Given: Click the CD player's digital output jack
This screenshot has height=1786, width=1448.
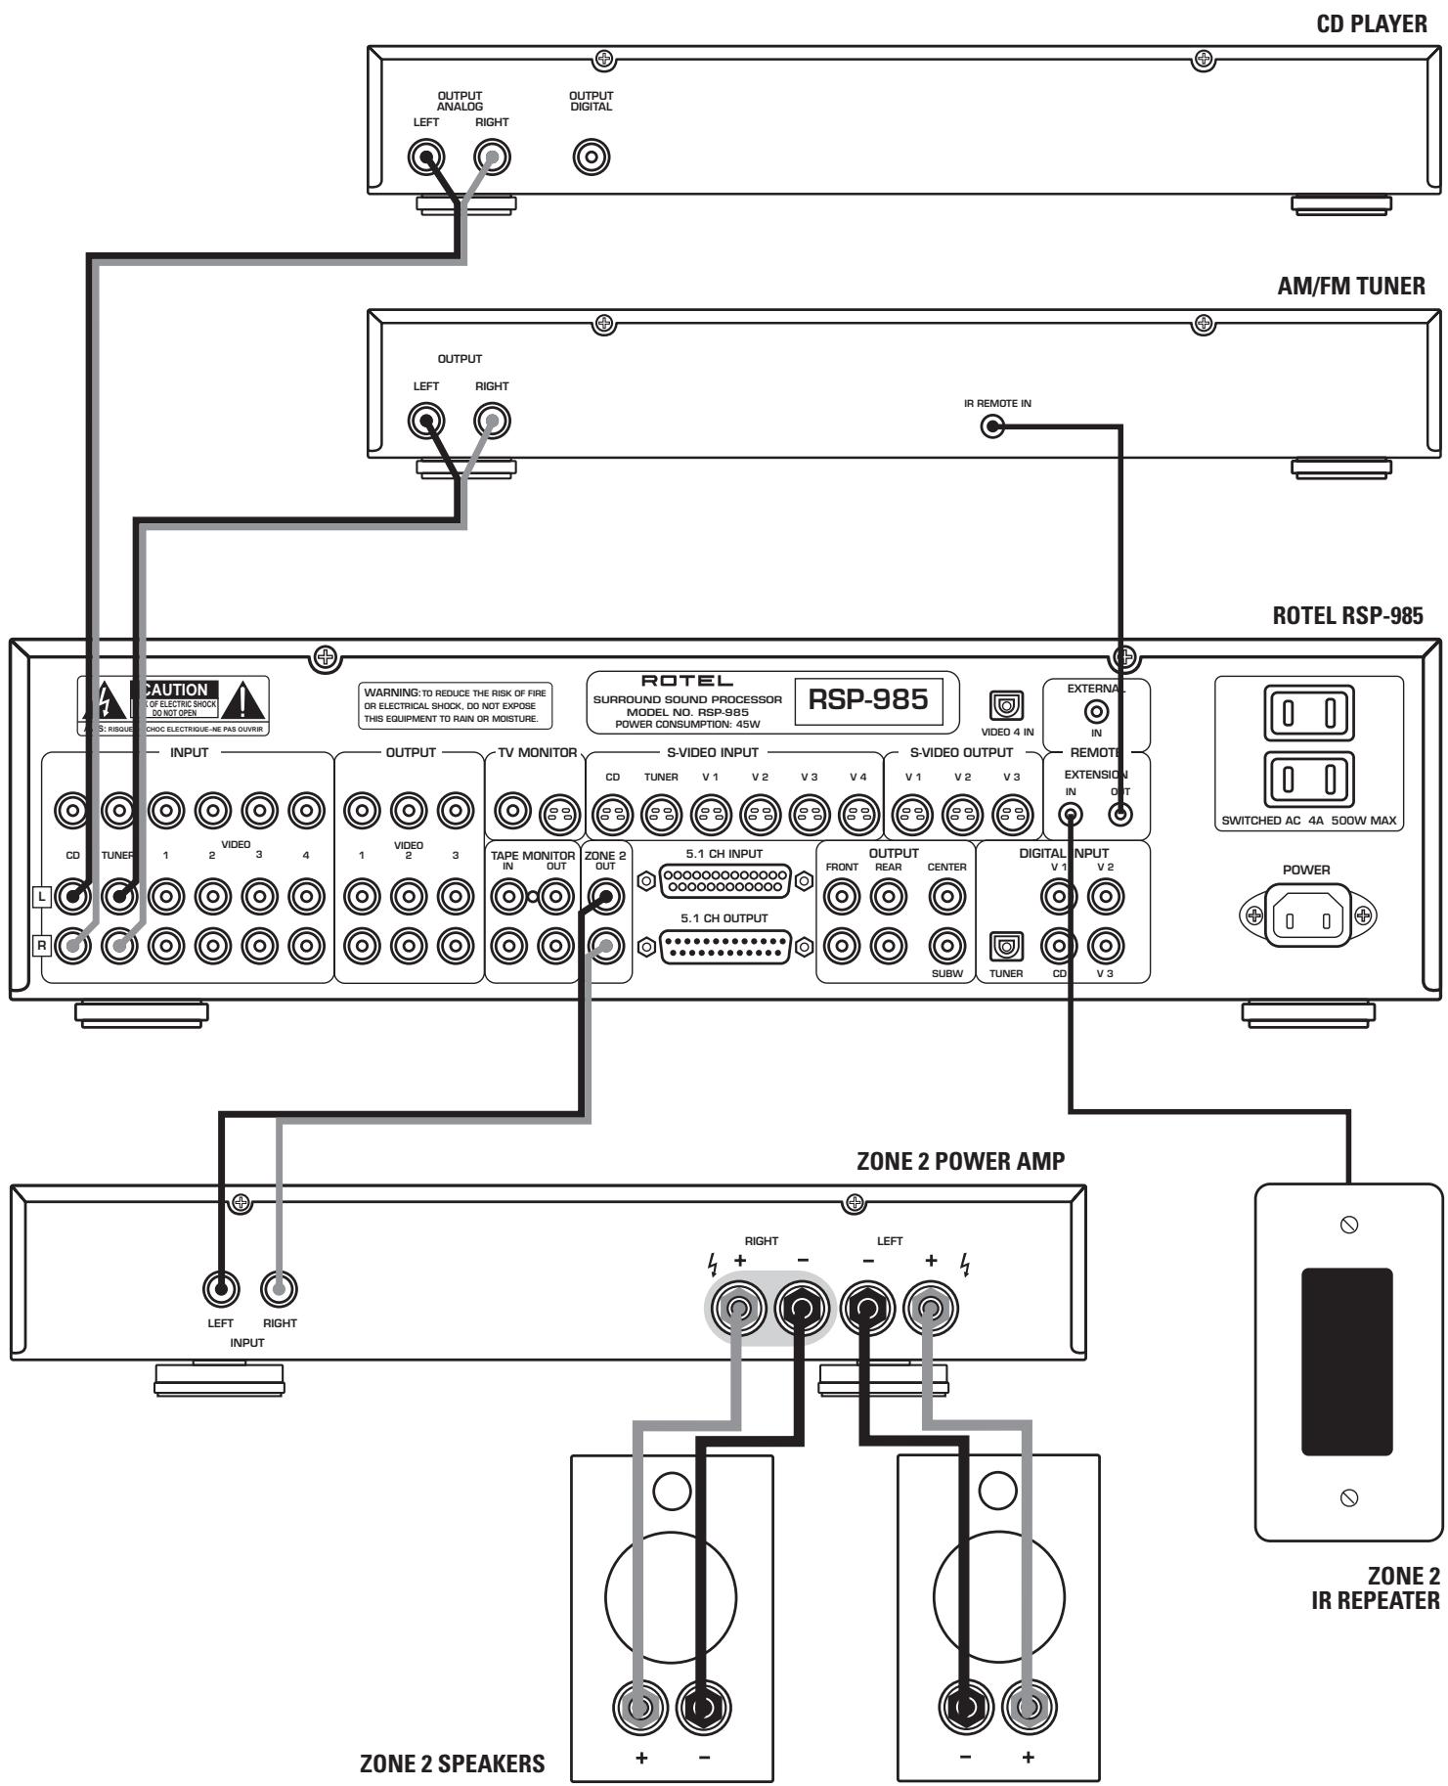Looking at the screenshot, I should point(592,156).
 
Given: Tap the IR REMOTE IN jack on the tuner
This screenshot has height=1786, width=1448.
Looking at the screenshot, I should point(993,427).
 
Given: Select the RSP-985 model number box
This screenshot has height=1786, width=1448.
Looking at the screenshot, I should point(862,701).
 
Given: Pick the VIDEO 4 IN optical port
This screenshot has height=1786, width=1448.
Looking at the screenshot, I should point(1008,704).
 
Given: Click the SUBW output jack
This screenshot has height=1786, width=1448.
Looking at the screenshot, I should point(945,946).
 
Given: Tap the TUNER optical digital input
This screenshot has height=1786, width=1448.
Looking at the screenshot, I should point(1007,946).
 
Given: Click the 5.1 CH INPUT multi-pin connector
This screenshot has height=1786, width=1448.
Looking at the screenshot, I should point(725,881).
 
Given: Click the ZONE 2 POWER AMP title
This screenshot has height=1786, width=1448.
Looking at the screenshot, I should point(960,1161).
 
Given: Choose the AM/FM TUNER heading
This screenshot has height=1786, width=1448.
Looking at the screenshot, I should point(1350,286).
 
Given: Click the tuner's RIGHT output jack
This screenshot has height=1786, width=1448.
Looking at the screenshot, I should point(492,423).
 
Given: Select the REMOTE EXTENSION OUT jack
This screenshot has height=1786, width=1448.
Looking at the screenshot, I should point(1121,814).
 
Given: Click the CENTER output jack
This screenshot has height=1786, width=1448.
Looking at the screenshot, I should point(945,894).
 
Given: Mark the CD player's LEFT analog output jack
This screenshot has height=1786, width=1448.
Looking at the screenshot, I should point(426,156).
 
